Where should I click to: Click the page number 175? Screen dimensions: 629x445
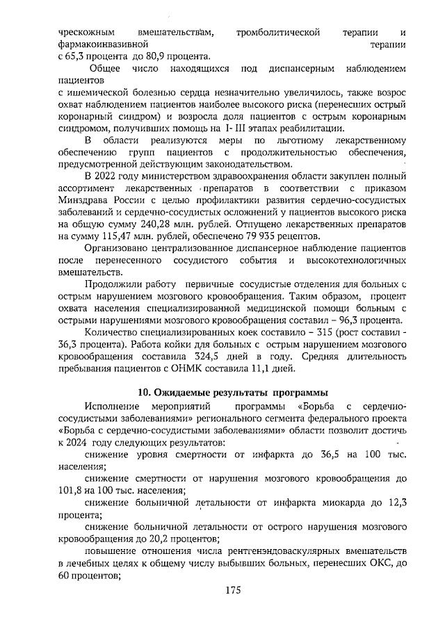pyautogui.click(x=232, y=591)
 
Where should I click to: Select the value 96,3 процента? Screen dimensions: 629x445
pyautogui.click(x=371, y=320)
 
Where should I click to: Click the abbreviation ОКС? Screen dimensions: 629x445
pyautogui.click(x=375, y=563)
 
